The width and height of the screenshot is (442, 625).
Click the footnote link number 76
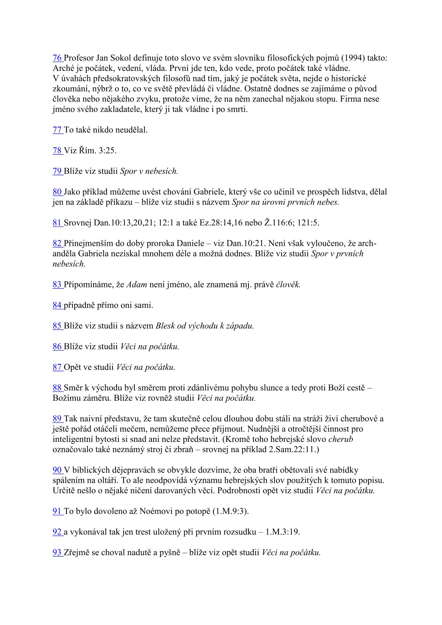57,58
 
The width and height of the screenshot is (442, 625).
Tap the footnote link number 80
57,192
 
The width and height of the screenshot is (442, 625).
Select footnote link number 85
57,326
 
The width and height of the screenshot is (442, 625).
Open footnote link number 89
57,419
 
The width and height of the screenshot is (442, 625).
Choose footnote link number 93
57,553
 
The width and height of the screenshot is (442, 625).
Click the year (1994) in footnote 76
352,58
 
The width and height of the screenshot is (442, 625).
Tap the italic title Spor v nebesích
149,172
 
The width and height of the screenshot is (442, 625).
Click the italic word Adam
137,285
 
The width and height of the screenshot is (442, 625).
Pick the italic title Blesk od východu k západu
205,326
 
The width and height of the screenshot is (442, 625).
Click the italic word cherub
341,439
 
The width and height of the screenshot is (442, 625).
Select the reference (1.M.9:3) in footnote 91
230,511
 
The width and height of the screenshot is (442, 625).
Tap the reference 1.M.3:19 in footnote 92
283,532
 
